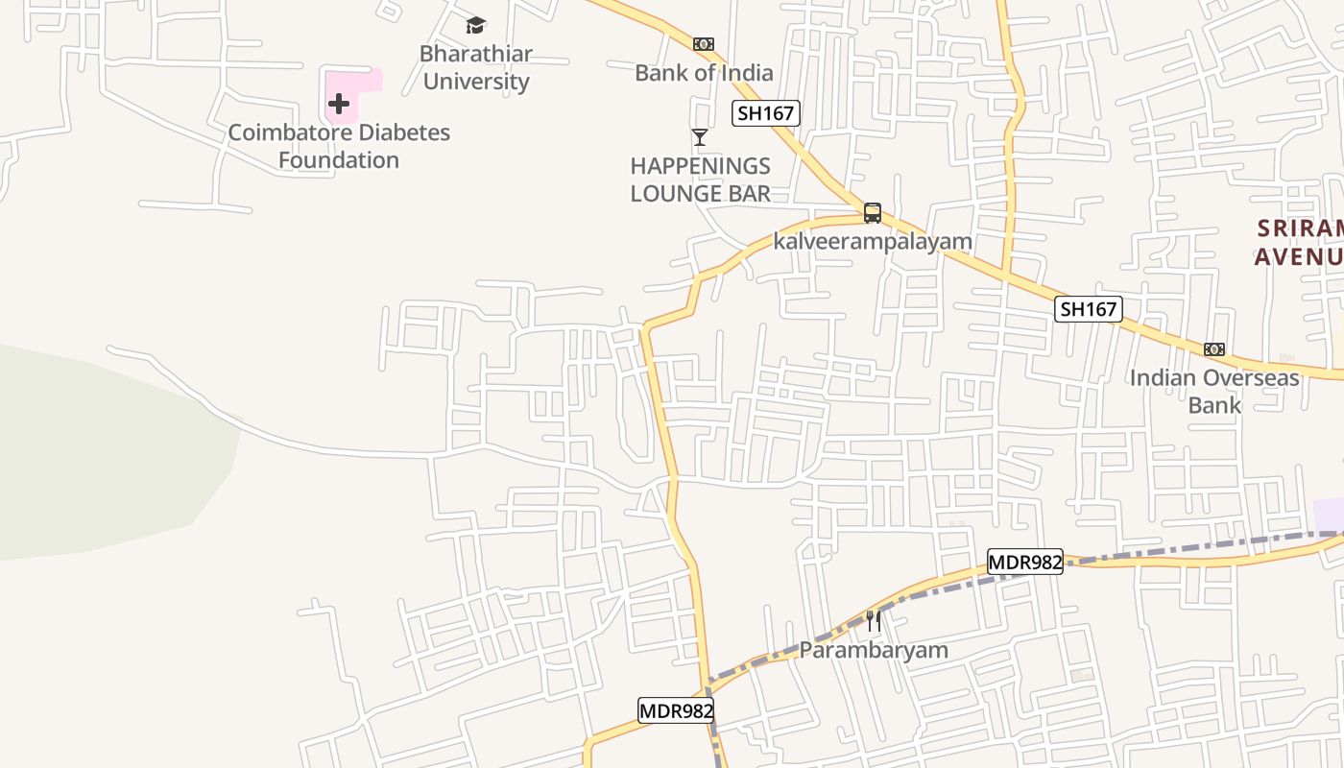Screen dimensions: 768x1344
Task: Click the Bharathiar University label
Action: click(476, 67)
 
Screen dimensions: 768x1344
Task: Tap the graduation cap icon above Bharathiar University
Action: click(475, 25)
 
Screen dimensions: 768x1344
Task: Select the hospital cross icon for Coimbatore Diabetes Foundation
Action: click(338, 104)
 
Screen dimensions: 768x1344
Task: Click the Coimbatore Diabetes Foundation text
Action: click(339, 146)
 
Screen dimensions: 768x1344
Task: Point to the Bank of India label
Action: click(704, 73)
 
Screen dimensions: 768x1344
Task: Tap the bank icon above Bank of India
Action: click(704, 44)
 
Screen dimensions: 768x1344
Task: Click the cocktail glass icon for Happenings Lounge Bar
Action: click(700, 137)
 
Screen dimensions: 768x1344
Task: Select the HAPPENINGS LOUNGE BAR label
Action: click(701, 180)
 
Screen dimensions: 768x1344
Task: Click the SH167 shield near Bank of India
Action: click(765, 113)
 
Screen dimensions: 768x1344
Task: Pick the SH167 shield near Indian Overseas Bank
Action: click(1089, 309)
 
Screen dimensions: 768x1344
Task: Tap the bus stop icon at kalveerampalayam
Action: click(872, 213)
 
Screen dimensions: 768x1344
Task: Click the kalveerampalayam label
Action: click(873, 241)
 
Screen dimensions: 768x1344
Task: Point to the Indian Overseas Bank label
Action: click(1214, 391)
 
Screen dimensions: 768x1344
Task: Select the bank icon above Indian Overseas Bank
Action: click(1214, 349)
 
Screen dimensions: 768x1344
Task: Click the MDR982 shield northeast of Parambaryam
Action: click(1025, 562)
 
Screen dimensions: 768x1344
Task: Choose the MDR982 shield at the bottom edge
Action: click(676, 710)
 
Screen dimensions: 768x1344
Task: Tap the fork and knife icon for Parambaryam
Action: click(874, 621)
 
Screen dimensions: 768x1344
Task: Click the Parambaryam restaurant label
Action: click(874, 650)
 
